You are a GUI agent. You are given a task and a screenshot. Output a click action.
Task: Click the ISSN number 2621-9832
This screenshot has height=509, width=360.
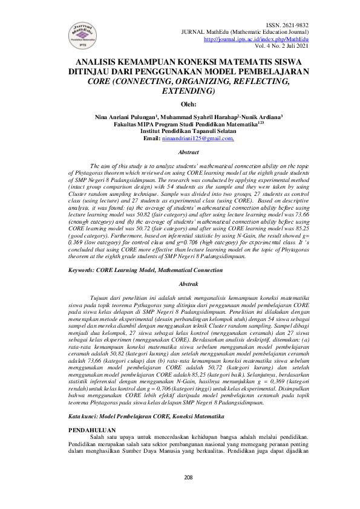tap(295, 25)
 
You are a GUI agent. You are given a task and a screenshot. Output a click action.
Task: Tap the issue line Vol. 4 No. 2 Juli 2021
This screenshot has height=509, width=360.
tap(281, 45)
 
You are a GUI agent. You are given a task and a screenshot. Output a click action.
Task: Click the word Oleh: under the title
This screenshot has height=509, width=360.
tap(180, 104)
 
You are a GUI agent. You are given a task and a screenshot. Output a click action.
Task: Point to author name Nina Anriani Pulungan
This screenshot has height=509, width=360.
tap(129, 117)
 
